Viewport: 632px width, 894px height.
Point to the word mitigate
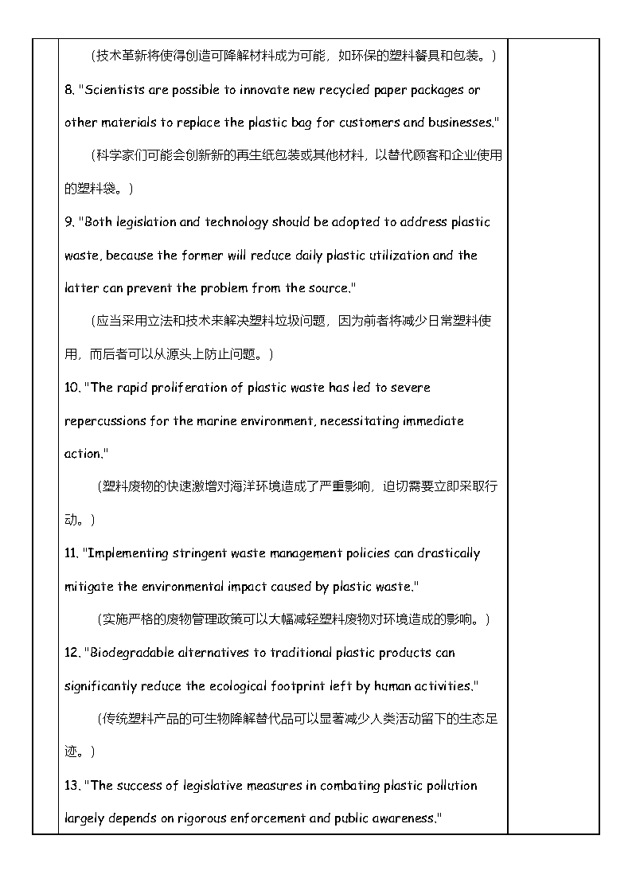click(x=88, y=587)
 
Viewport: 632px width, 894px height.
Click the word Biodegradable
click(x=129, y=653)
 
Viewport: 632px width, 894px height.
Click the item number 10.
click(x=71, y=388)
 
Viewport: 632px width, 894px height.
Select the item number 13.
click(x=71, y=786)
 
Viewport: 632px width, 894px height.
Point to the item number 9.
click(x=68, y=222)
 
